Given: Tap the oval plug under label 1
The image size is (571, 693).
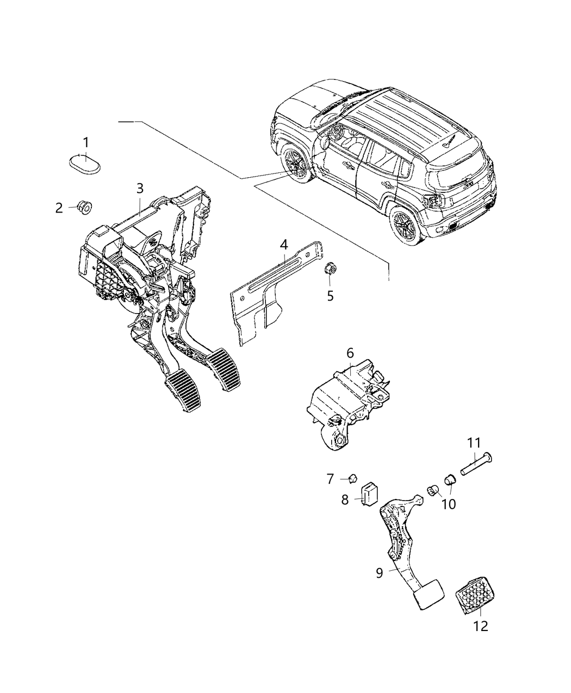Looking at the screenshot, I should coord(86,164).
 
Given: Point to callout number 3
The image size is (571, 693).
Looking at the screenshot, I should coord(140,188).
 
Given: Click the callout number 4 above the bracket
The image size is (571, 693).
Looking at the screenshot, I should coord(283,245).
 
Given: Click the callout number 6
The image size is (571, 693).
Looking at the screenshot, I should coord(350,353).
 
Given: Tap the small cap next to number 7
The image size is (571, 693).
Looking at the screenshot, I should coord(352,478).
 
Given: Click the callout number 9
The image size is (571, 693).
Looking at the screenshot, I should coord(379,572).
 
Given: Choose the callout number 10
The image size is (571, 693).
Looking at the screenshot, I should coord(449,504).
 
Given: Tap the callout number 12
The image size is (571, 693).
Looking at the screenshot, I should coord(481,626).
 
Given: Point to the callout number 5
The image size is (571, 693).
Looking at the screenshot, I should coord(330,296).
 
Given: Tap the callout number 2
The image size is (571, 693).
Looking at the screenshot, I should coord(59,208).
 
